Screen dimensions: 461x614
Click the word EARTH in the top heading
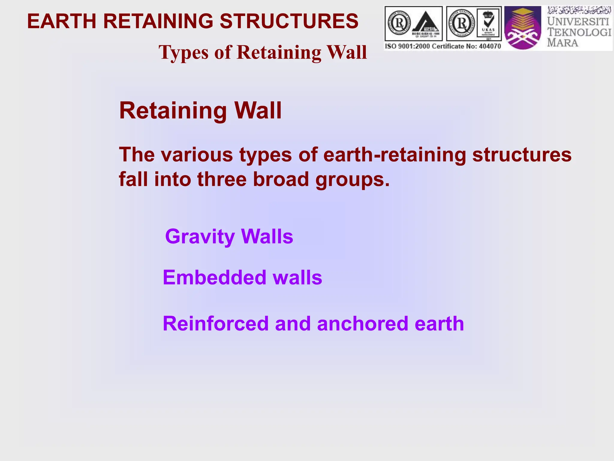(x=62, y=21)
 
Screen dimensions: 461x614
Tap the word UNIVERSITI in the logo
(x=578, y=22)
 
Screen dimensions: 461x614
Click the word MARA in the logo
(x=562, y=43)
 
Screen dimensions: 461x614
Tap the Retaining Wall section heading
(x=200, y=110)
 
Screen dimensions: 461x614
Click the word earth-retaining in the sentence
(x=395, y=155)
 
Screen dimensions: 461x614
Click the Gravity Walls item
(x=229, y=237)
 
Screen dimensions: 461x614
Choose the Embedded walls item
(x=242, y=277)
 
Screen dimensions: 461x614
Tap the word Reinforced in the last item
(x=216, y=324)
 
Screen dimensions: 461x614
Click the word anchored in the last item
(x=362, y=324)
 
